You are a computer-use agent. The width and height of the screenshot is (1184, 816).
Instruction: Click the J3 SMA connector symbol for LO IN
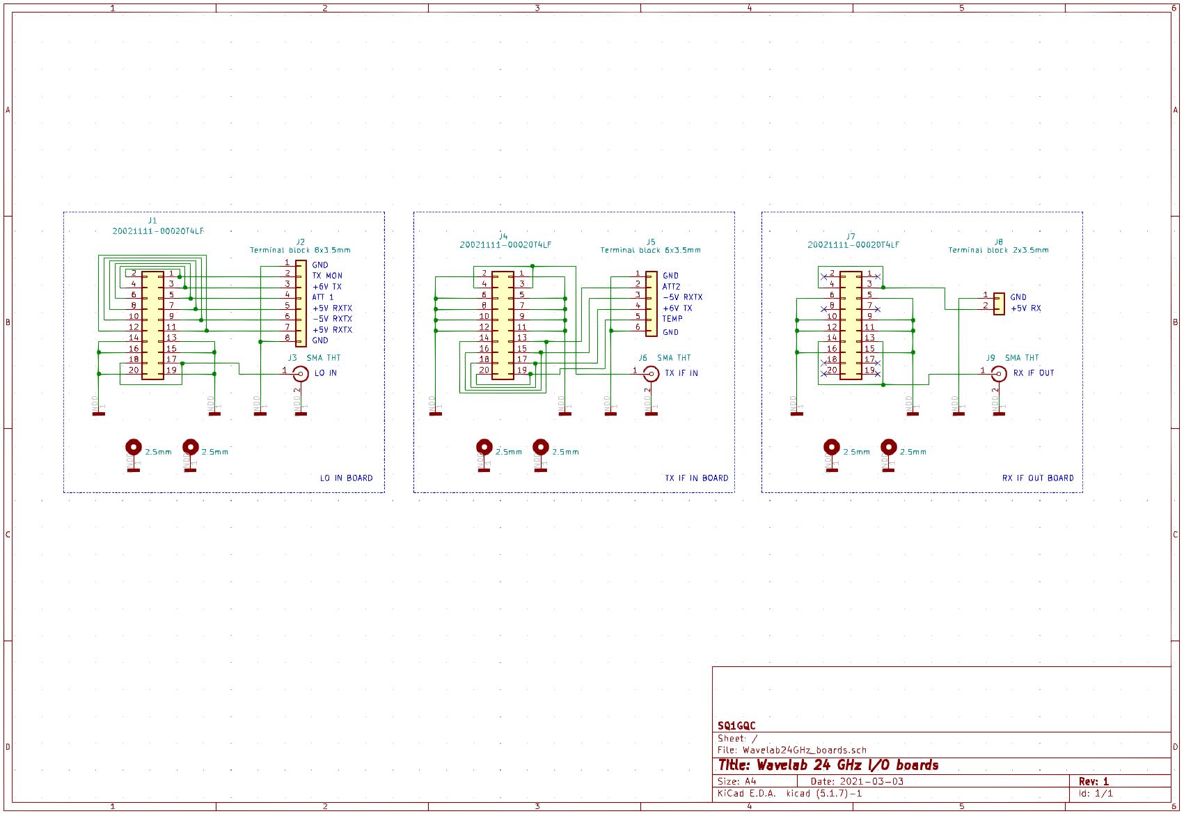point(301,374)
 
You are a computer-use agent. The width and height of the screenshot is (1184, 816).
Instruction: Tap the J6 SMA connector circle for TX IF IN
point(652,374)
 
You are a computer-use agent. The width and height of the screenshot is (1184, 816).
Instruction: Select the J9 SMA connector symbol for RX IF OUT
point(999,374)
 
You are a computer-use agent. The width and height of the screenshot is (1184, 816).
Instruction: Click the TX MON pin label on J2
point(327,276)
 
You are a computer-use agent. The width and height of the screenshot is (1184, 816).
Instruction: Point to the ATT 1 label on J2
point(323,297)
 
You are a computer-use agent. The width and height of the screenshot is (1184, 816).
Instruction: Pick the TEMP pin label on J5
point(672,319)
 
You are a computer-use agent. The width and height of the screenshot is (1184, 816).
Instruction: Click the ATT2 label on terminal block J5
point(672,287)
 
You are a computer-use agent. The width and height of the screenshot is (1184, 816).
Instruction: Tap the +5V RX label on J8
point(1026,308)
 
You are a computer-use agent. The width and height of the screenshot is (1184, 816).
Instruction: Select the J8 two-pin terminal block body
point(999,304)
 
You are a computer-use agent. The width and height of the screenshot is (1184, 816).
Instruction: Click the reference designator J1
point(152,221)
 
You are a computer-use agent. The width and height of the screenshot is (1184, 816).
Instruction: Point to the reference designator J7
point(851,237)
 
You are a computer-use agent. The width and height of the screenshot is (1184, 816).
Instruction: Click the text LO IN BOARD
point(346,478)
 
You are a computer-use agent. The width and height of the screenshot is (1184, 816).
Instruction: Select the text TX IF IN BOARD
point(696,478)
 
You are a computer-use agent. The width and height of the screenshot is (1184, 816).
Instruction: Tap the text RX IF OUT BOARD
point(1038,478)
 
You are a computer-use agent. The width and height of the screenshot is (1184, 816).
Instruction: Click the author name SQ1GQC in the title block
point(736,726)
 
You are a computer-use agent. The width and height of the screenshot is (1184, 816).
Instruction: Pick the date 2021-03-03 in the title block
point(871,782)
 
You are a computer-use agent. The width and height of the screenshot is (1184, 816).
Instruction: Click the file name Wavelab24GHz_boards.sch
point(804,751)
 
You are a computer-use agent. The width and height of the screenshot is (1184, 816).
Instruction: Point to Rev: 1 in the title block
point(1094,782)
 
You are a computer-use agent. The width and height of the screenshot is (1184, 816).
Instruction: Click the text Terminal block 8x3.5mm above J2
point(300,250)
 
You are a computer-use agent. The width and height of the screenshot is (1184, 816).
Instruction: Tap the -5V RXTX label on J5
point(683,297)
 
